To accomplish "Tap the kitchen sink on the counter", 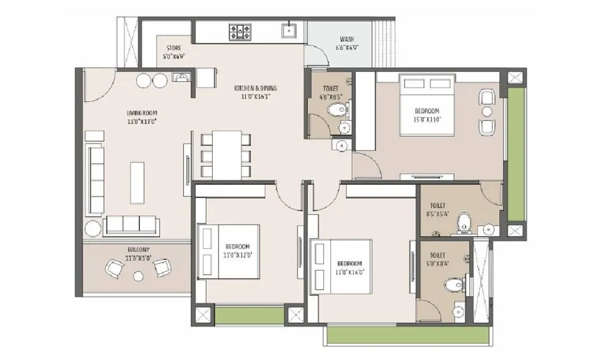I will pos(289,29).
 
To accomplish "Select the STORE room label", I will pos(174,48).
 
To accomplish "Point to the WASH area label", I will pos(347,39).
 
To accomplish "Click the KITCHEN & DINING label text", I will pos(255,88).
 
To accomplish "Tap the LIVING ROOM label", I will pos(141,113).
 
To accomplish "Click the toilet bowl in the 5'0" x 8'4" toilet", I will pos(453,285).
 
